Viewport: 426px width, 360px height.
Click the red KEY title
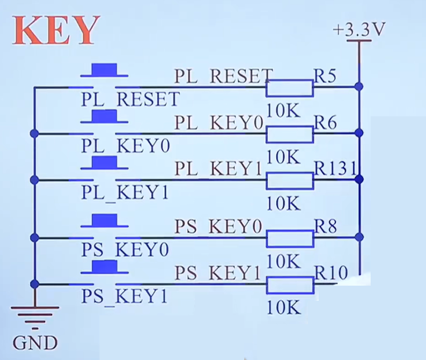click(56, 30)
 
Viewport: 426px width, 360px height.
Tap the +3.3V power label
click(359, 29)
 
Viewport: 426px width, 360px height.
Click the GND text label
click(35, 343)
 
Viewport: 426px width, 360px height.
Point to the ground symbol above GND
click(35, 318)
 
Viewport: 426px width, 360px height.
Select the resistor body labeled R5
click(290, 88)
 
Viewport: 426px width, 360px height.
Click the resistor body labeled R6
click(290, 134)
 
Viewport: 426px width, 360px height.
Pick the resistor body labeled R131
click(290, 181)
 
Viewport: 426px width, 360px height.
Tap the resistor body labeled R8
click(290, 239)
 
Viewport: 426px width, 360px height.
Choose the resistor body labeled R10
click(290, 285)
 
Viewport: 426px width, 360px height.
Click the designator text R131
click(335, 168)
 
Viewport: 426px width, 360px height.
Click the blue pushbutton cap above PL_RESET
click(105, 70)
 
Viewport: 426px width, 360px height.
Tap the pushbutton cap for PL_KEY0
click(105, 116)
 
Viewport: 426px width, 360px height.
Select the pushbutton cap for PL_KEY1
click(105, 163)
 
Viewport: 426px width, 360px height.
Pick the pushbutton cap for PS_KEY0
click(105, 220)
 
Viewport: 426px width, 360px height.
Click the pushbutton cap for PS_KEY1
click(105, 267)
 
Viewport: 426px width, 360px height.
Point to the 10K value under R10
click(283, 307)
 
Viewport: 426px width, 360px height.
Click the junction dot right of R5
click(359, 87)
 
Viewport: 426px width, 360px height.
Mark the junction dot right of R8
click(359, 237)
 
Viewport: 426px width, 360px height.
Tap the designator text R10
click(331, 272)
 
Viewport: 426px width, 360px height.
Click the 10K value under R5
click(283, 110)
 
